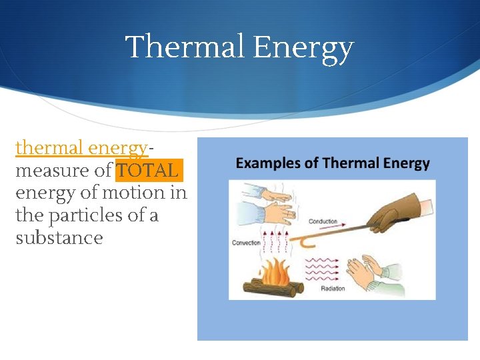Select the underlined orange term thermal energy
point(81,147)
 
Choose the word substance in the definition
point(59,238)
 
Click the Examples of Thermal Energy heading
point(333,163)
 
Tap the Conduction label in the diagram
point(323,221)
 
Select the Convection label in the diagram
point(246,243)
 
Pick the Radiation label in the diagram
point(333,289)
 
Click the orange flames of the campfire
point(273,271)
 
